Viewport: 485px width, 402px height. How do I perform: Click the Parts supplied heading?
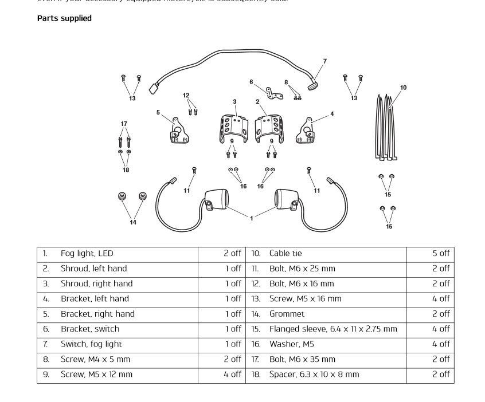click(x=64, y=18)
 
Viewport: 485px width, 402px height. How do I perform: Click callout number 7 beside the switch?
click(x=324, y=61)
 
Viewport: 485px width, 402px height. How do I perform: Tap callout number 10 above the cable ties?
click(x=403, y=88)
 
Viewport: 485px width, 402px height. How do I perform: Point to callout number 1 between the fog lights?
click(x=251, y=218)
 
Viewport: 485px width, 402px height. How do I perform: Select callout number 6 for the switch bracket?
click(x=251, y=82)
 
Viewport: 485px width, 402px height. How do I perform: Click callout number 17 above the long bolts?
click(x=124, y=124)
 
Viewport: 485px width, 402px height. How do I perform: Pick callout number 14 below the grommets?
click(x=133, y=222)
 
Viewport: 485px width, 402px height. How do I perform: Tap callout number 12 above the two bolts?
click(x=186, y=95)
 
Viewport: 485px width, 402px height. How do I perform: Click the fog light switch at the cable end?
click(x=314, y=86)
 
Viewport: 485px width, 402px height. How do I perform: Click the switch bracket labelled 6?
click(x=273, y=92)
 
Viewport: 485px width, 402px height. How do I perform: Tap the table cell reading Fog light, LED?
click(x=87, y=253)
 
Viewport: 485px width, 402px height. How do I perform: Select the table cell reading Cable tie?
click(x=285, y=253)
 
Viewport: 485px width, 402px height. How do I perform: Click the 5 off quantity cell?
click(x=441, y=253)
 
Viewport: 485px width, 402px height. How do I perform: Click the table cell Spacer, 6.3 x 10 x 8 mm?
click(x=314, y=375)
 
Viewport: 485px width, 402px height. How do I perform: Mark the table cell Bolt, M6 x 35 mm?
click(x=302, y=359)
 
